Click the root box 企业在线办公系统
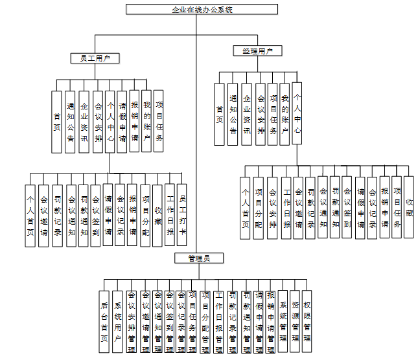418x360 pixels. pos(202,10)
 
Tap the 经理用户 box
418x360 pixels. pos(257,50)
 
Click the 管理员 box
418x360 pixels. pos(197,258)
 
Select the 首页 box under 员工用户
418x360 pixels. pos(57,121)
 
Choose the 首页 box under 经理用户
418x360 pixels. pos(220,115)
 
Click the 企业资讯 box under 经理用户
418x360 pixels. pos(246,115)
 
